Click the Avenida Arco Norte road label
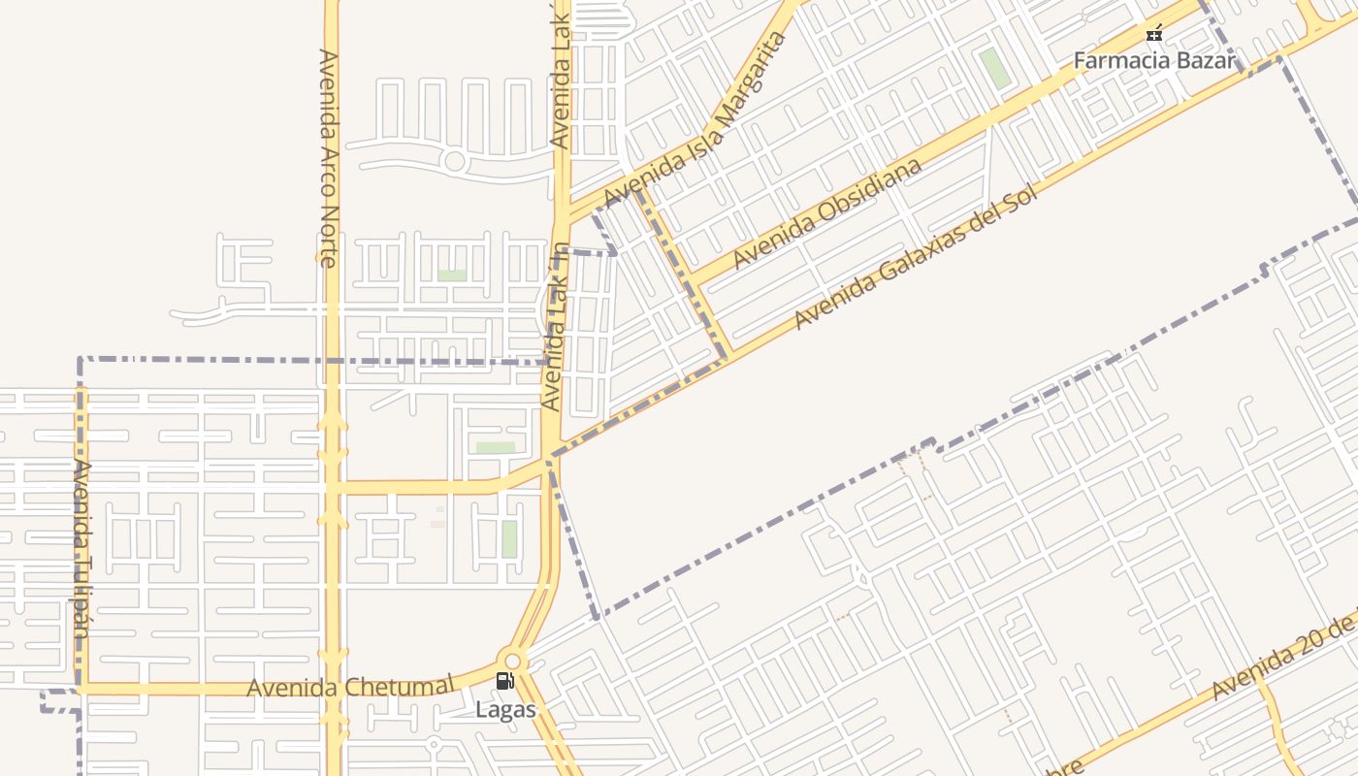point(327,158)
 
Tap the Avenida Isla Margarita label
point(695,120)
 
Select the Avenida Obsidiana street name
point(827,213)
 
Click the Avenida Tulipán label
point(81,547)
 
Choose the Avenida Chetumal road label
point(350,688)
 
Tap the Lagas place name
point(505,710)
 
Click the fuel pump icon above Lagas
point(504,681)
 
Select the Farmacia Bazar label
point(1154,60)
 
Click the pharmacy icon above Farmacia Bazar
point(1154,34)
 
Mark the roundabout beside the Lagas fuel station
point(512,663)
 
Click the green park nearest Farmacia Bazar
point(993,68)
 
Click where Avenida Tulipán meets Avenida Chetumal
point(81,689)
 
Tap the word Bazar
point(1206,60)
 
